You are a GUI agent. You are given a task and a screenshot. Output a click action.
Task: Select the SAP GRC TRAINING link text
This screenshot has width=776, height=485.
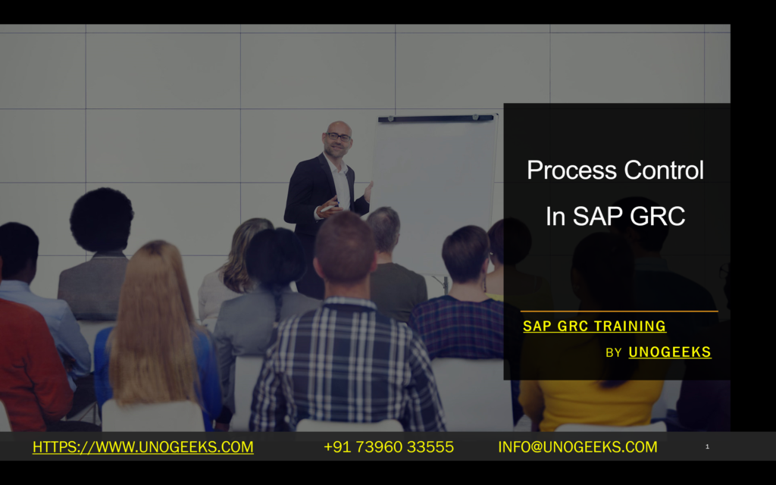(x=594, y=327)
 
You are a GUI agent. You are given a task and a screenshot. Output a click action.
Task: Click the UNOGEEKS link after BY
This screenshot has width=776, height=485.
(x=670, y=352)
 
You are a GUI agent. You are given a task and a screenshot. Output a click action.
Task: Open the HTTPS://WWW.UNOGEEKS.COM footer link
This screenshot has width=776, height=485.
(x=142, y=447)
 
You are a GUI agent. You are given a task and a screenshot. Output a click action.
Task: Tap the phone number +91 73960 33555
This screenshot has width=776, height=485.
(x=389, y=447)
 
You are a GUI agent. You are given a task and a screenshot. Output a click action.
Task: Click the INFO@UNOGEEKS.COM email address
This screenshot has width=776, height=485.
(x=577, y=447)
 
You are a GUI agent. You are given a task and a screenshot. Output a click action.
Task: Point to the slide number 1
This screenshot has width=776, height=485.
(x=707, y=447)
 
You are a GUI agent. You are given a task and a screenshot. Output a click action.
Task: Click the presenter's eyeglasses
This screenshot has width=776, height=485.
(x=338, y=137)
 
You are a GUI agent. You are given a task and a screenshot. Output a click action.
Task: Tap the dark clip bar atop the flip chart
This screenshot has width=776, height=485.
(x=436, y=118)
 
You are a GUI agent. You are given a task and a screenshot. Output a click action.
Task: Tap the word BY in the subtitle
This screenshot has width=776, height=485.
(x=614, y=353)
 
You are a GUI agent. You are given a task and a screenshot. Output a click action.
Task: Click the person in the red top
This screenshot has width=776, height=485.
(x=30, y=364)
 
